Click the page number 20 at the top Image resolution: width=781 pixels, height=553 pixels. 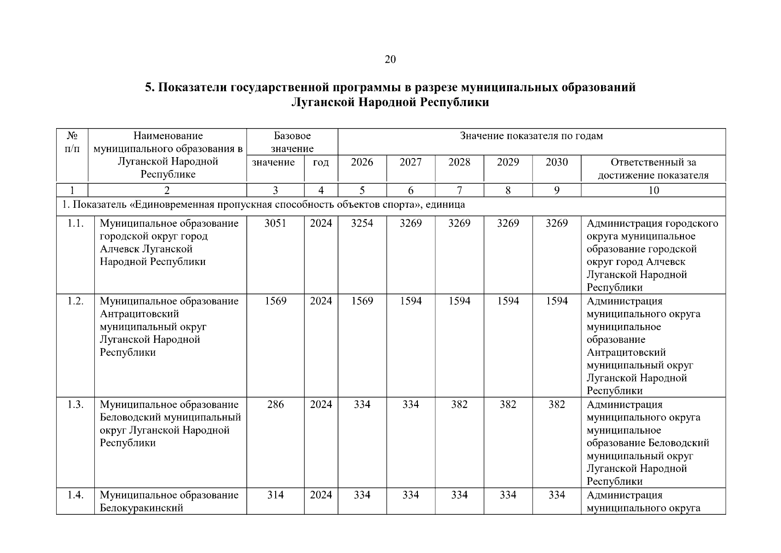tap(390, 59)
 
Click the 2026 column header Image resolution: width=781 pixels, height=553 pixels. tap(362, 162)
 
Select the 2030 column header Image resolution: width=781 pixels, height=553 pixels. tap(556, 162)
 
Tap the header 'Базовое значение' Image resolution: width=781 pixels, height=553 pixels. tap(292, 142)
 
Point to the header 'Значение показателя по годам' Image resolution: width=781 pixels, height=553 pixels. tap(532, 136)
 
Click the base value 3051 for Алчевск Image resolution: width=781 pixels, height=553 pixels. tap(275, 224)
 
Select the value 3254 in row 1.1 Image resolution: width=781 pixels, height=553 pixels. tap(362, 224)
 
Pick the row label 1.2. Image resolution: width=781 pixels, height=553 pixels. tap(75, 301)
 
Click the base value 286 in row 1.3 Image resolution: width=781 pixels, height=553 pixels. tap(275, 405)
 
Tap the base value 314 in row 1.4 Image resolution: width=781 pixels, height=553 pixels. tap(275, 495)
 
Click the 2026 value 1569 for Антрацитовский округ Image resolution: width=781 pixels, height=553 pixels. tap(362, 301)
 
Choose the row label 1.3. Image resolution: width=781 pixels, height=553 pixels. tap(75, 405)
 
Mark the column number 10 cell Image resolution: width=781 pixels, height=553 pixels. tap(653, 190)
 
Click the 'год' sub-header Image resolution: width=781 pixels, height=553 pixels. tap(321, 162)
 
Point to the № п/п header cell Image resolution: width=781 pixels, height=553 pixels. tap(72, 142)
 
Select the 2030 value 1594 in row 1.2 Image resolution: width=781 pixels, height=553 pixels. tap(556, 301)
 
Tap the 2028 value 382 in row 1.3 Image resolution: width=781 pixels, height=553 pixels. tap(459, 405)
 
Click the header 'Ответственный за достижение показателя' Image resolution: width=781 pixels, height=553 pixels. tap(653, 169)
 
